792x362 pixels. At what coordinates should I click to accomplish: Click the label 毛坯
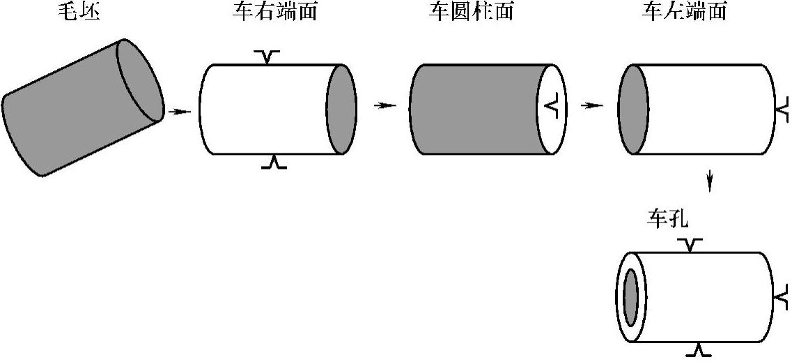(79, 12)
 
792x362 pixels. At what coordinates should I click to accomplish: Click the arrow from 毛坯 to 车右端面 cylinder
(179, 112)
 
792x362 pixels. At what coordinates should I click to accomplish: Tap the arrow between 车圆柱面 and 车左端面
(593, 105)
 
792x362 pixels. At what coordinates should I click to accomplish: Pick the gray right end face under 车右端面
(341, 109)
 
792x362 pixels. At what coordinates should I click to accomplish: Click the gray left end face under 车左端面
(634, 109)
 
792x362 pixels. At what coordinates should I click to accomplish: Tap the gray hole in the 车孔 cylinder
(631, 298)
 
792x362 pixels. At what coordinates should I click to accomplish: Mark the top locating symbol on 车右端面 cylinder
(267, 57)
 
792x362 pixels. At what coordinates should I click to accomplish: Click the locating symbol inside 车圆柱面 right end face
(551, 108)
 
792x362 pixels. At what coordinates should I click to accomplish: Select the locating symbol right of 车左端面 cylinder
(783, 111)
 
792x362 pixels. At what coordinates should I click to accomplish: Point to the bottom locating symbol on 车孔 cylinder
(699, 349)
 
